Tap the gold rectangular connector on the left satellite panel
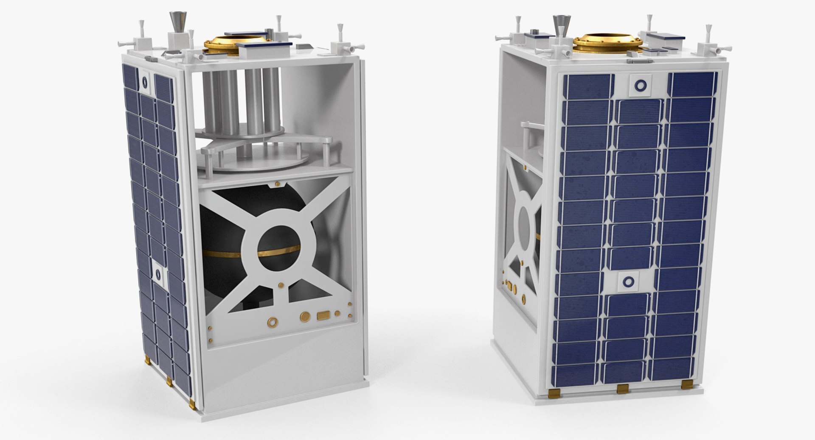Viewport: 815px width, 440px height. pyautogui.click(x=323, y=315)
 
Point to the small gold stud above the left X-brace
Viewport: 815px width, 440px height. pyautogui.click(x=277, y=184)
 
